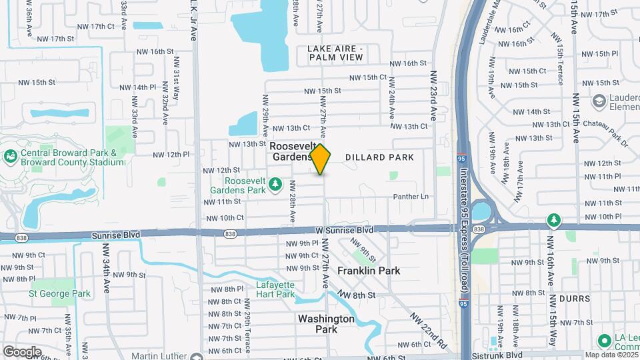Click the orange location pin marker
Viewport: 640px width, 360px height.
(321, 159)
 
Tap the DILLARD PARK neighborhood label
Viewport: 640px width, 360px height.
(379, 157)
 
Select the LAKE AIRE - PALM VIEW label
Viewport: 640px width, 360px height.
(336, 53)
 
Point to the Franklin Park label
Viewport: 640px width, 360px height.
(368, 271)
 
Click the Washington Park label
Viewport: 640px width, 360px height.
(326, 324)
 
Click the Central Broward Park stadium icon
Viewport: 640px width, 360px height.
(11, 157)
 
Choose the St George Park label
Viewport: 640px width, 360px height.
(59, 293)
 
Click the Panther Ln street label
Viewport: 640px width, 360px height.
(410, 196)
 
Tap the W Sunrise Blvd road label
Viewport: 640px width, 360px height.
(344, 229)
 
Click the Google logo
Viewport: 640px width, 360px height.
(22, 351)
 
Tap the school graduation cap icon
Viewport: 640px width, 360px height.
(599, 101)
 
